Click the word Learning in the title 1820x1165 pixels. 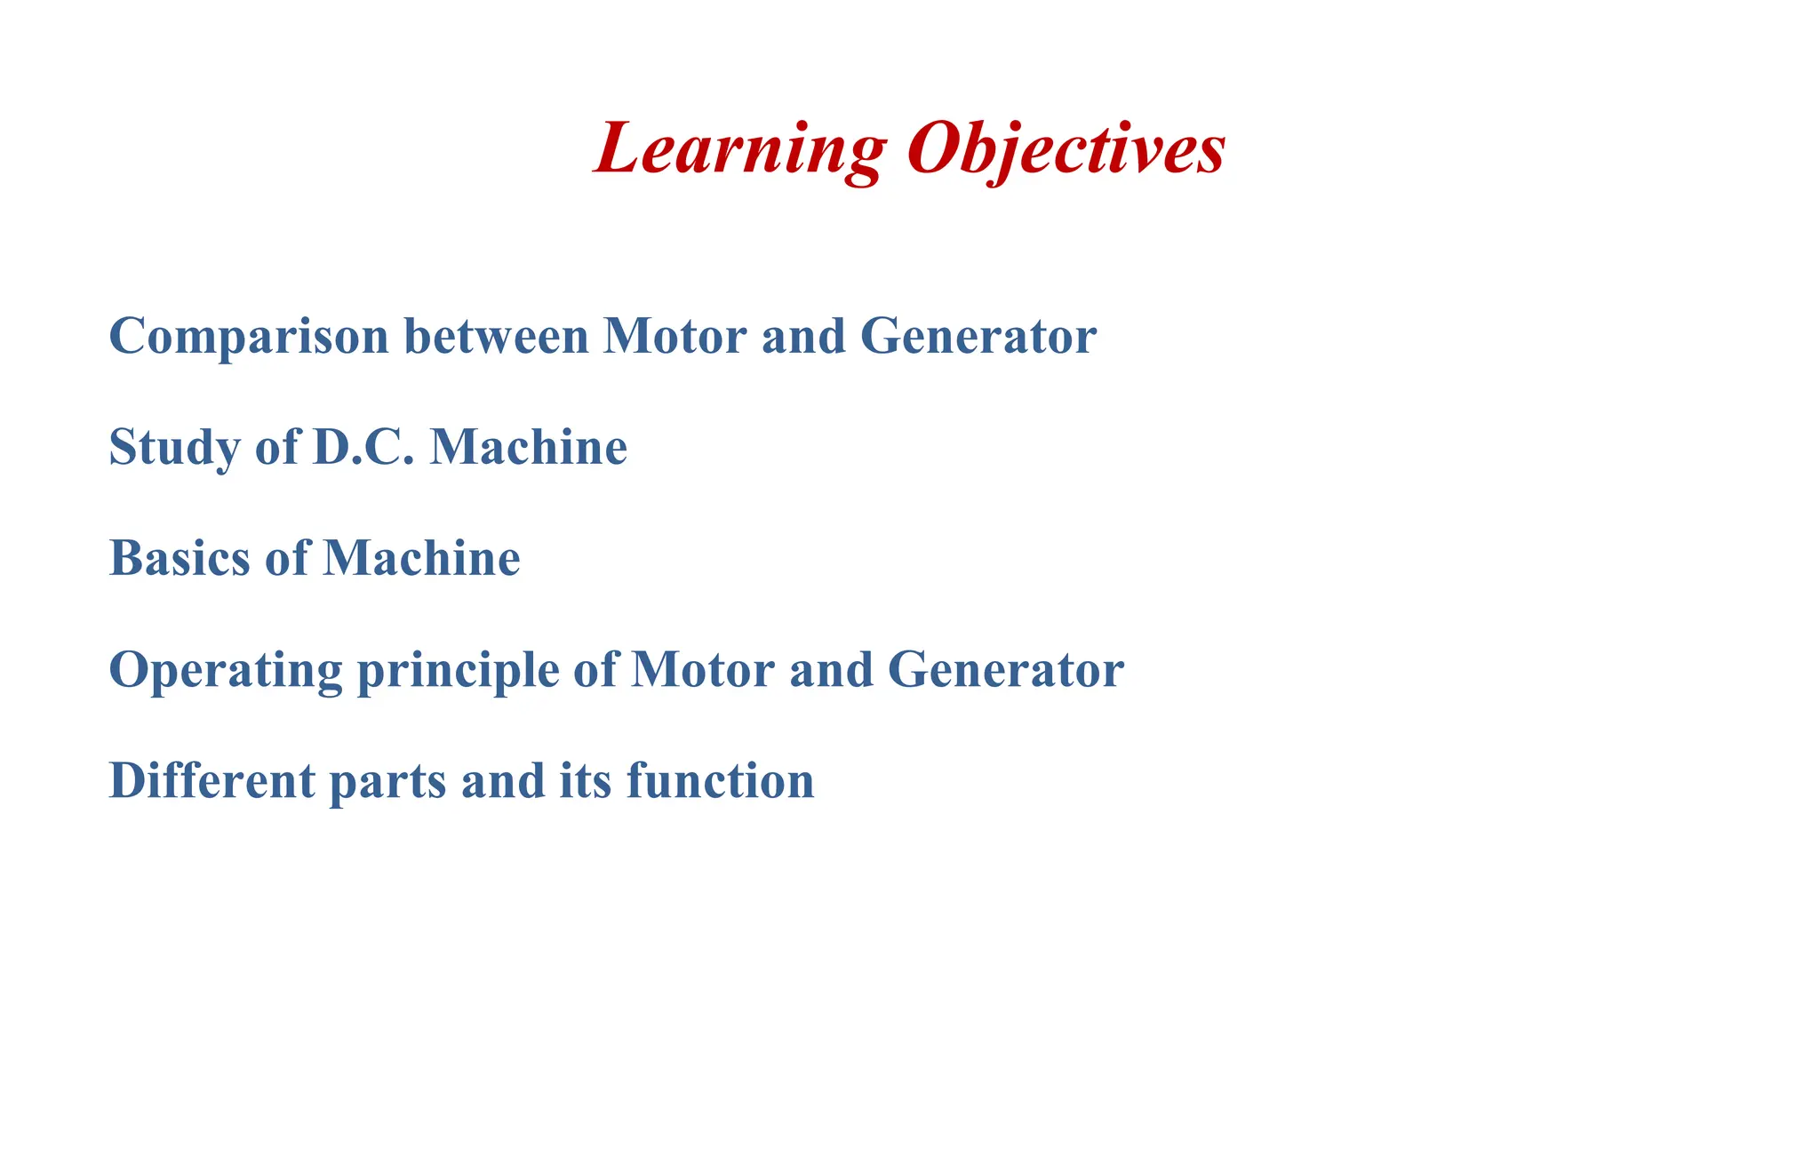click(740, 148)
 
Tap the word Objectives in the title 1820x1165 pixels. click(1066, 148)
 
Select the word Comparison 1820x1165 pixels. click(249, 337)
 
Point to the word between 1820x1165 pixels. click(497, 337)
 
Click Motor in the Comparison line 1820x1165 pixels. click(675, 337)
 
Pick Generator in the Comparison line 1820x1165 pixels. click(978, 337)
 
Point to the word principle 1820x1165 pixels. click(458, 672)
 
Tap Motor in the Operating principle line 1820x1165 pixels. click(703, 670)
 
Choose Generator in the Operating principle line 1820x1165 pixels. click(1006, 670)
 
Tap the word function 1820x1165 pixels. click(721, 781)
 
